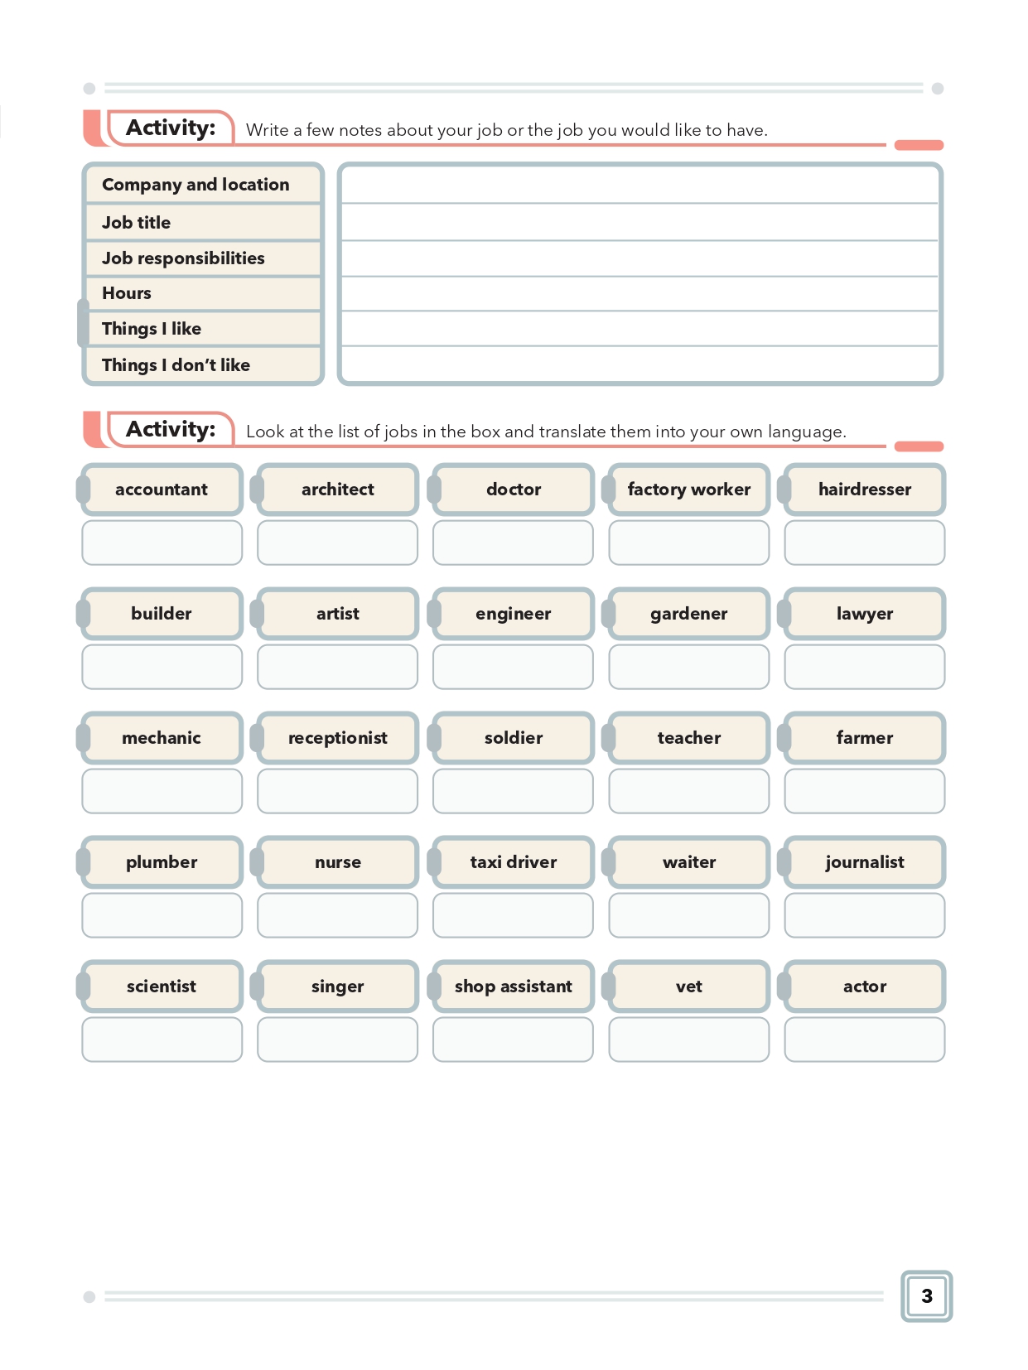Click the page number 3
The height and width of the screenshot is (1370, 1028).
pos(926,1295)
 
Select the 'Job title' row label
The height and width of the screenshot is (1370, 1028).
pos(137,222)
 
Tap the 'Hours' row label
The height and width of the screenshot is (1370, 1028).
pos(127,293)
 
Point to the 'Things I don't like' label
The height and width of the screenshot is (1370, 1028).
pos(176,364)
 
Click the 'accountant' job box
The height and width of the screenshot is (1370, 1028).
pos(162,490)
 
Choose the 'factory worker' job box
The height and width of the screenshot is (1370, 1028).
pos(688,490)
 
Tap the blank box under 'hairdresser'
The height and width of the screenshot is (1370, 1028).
pos(864,543)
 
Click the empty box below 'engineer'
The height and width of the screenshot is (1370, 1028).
pos(513,667)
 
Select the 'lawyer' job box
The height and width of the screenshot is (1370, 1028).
pos(864,614)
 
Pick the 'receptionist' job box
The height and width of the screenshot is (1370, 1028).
pos(337,738)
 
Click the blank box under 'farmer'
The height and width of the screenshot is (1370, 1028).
pos(864,791)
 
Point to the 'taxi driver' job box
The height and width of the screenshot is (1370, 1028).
pos(513,862)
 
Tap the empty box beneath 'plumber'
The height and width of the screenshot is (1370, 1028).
pos(162,915)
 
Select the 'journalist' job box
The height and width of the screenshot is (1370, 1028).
pos(864,862)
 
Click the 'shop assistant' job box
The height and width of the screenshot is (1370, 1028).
pos(513,986)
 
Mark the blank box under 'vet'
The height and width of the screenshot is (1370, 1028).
pos(688,1040)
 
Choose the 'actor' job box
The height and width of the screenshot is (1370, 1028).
pos(864,986)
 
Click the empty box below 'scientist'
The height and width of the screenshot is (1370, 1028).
pos(162,1040)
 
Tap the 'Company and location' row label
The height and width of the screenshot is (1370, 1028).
pos(195,185)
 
